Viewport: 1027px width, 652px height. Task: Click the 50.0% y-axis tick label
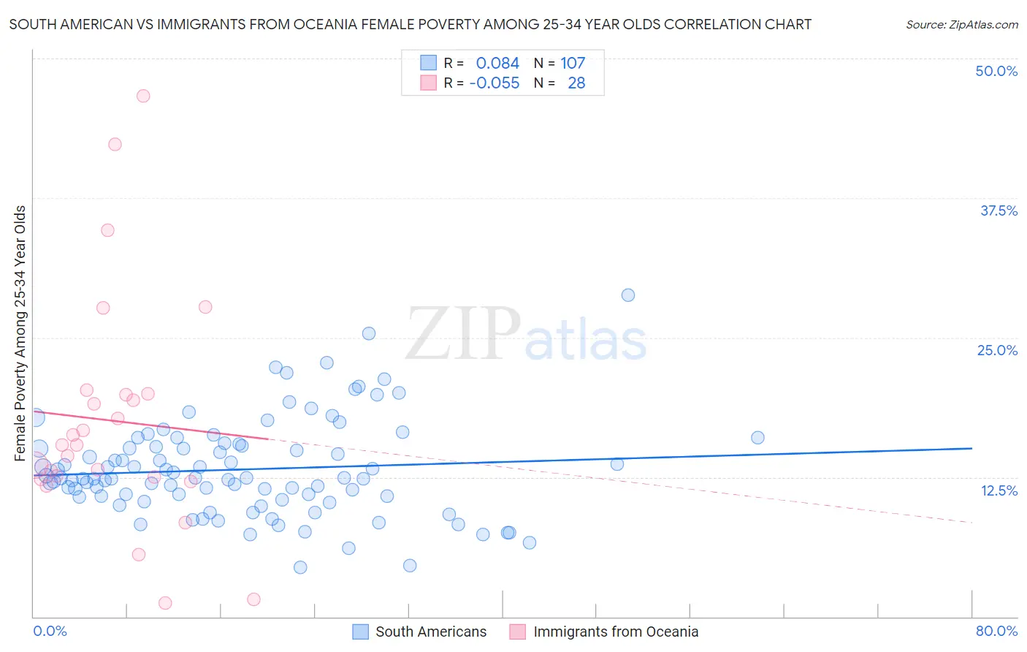pos(996,71)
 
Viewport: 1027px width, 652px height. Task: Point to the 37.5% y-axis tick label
pos(999,211)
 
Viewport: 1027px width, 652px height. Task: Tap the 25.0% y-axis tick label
pos(997,350)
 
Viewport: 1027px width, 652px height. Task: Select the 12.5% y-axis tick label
pos(999,490)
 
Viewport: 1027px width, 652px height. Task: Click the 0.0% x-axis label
pos(50,631)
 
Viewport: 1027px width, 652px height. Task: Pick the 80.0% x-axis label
pos(996,631)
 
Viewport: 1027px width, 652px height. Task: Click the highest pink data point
pos(143,96)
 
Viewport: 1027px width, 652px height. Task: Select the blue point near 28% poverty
pos(628,295)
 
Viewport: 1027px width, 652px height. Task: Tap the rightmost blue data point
pos(757,438)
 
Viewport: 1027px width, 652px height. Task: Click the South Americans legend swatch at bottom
pos(360,632)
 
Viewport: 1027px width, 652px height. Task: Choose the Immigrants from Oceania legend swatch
pos(518,632)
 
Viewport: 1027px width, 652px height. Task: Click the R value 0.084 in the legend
pos(497,63)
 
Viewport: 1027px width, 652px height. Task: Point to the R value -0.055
pos(495,83)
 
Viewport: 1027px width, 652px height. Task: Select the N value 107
pos(573,63)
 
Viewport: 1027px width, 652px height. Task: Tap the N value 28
pos(576,83)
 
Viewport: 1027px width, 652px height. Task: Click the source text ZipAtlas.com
pos(962,24)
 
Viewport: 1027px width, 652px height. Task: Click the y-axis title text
pos(20,333)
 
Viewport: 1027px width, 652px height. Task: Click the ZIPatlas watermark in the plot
pos(526,336)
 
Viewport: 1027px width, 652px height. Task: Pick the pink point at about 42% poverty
pos(115,144)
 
